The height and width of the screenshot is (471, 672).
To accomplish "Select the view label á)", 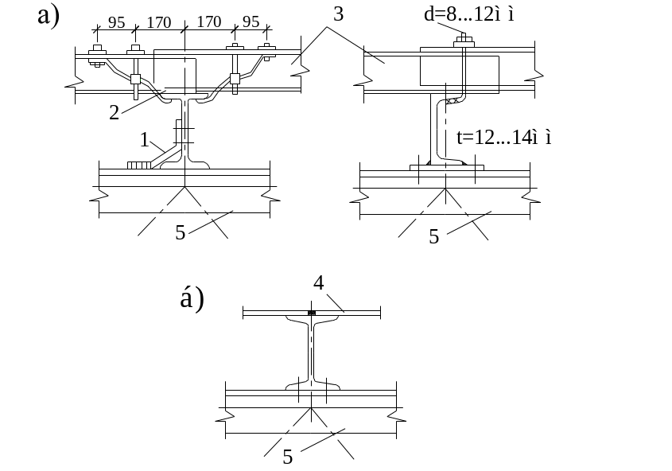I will (192, 298).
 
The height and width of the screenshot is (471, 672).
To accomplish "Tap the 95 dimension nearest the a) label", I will (116, 22).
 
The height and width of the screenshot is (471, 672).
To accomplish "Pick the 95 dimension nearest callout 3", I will (251, 21).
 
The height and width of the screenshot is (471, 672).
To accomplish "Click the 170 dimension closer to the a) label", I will (159, 22).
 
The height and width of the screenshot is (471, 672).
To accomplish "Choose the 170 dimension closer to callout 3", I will (208, 21).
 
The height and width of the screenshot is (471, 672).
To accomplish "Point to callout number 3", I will (338, 14).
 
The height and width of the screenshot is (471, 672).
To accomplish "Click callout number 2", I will (114, 112).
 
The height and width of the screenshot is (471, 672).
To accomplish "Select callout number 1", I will (144, 140).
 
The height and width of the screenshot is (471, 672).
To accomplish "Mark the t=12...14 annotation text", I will (504, 137).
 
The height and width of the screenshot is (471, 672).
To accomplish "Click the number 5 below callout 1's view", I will (181, 233).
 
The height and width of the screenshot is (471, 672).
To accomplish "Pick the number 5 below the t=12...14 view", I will (434, 236).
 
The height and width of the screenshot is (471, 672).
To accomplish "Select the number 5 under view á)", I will (288, 457).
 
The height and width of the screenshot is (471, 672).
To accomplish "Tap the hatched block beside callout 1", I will (138, 165).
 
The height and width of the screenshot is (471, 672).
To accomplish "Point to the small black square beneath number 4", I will (312, 313).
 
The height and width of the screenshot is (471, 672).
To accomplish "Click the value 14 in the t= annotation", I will (521, 137).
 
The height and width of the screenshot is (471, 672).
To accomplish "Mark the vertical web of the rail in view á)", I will (312, 350).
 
